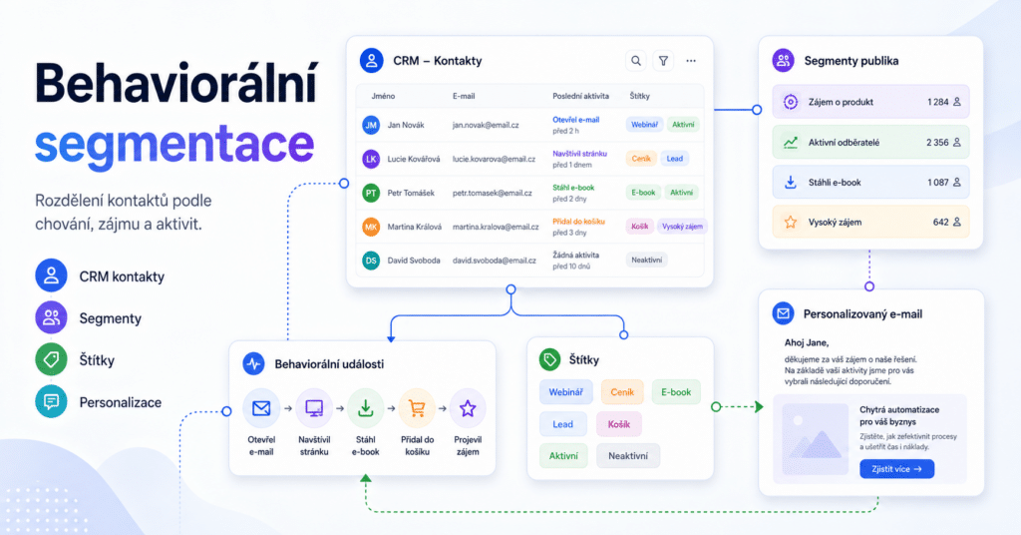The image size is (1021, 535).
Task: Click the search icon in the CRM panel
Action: pos(636,61)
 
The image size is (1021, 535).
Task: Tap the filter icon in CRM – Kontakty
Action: pos(663,61)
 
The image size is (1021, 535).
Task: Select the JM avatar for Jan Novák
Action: pos(371,125)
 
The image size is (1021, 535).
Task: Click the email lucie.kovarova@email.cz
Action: pos(494,159)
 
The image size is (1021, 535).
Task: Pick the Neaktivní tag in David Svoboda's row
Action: pos(646,260)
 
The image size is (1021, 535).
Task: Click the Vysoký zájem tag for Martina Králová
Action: pos(682,227)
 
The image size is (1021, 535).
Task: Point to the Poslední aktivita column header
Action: pos(581,96)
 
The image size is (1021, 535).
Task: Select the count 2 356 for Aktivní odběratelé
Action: pos(937,142)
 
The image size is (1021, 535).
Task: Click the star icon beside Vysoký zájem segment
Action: pos(791,223)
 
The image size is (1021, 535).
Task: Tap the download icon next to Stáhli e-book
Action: pos(791,182)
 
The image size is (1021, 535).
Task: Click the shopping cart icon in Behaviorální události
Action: pos(417,408)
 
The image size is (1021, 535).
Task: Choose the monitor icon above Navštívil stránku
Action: pos(314,408)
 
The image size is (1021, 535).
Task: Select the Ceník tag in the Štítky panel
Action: pos(622,392)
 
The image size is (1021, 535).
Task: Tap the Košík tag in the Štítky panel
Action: pos(618,424)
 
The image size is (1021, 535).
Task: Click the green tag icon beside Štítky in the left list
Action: pos(51,359)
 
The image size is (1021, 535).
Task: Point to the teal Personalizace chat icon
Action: pos(51,402)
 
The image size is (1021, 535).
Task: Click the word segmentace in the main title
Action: pos(174,146)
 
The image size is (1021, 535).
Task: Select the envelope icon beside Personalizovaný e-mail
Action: pos(784,313)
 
